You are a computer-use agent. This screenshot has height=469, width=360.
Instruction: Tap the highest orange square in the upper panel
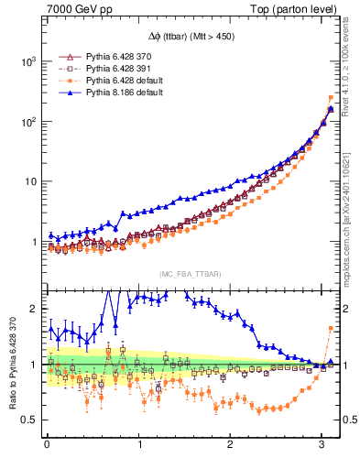(330, 98)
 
